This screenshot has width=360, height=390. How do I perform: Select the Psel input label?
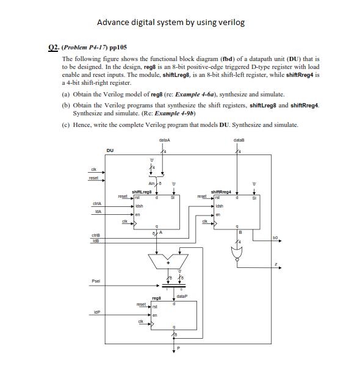pos(96,282)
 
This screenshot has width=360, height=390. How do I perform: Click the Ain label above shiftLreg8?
pos(151,182)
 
